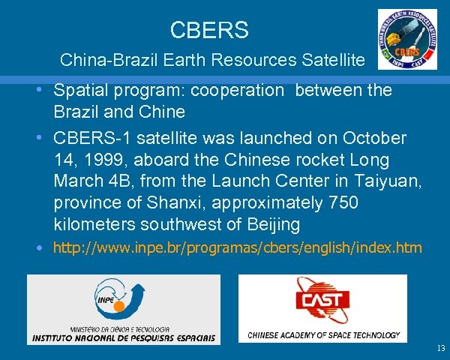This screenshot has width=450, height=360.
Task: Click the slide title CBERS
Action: [209, 31]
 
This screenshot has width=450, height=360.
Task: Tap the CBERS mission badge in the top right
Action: [407, 39]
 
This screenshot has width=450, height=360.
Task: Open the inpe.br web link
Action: [237, 247]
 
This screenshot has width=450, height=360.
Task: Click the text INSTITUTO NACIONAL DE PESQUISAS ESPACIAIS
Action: [124, 337]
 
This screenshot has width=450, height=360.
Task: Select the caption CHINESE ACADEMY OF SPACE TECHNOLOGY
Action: [323, 335]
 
